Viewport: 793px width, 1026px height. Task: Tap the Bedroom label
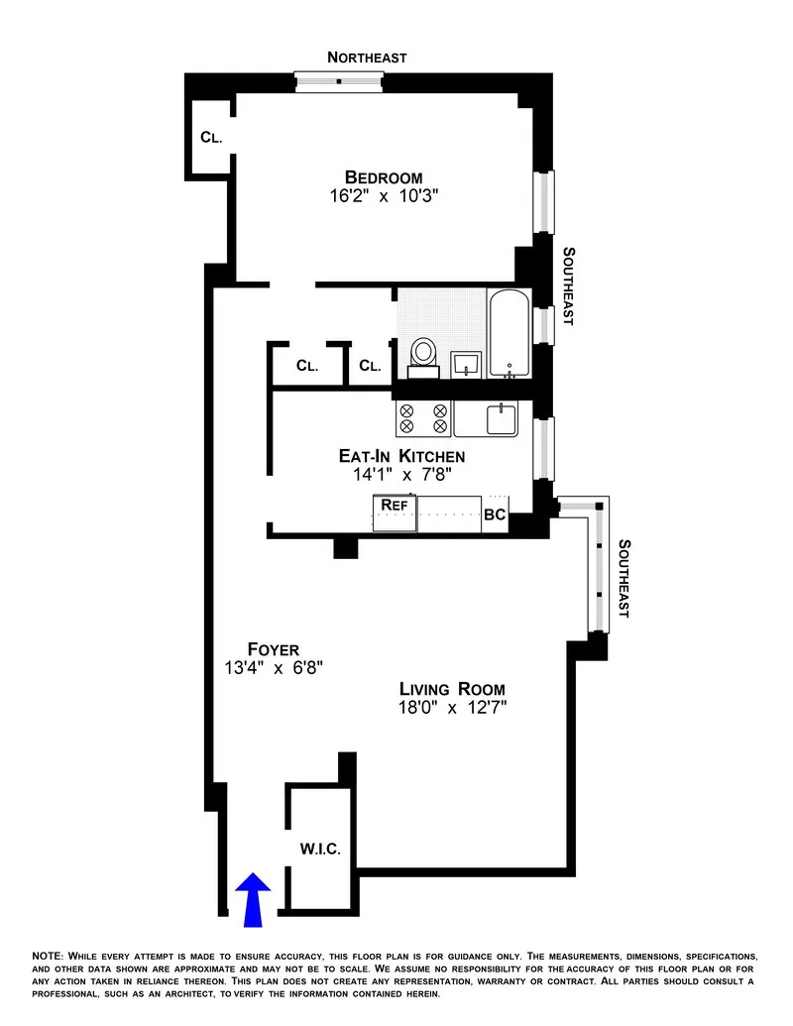point(384,177)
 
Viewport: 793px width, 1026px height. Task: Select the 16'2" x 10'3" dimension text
point(384,196)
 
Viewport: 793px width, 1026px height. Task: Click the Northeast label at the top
point(367,57)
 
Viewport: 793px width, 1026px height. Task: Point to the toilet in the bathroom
point(424,353)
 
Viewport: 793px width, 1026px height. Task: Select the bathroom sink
point(466,364)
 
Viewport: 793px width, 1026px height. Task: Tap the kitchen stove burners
point(423,418)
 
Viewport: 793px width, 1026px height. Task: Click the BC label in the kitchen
point(495,515)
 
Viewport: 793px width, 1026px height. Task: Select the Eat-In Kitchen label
point(401,456)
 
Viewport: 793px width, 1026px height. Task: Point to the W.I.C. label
point(320,850)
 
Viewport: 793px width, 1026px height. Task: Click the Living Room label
point(452,689)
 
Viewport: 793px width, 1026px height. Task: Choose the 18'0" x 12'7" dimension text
point(452,708)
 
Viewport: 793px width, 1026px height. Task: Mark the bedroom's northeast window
point(339,81)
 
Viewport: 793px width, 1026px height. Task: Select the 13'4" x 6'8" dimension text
point(273,668)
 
